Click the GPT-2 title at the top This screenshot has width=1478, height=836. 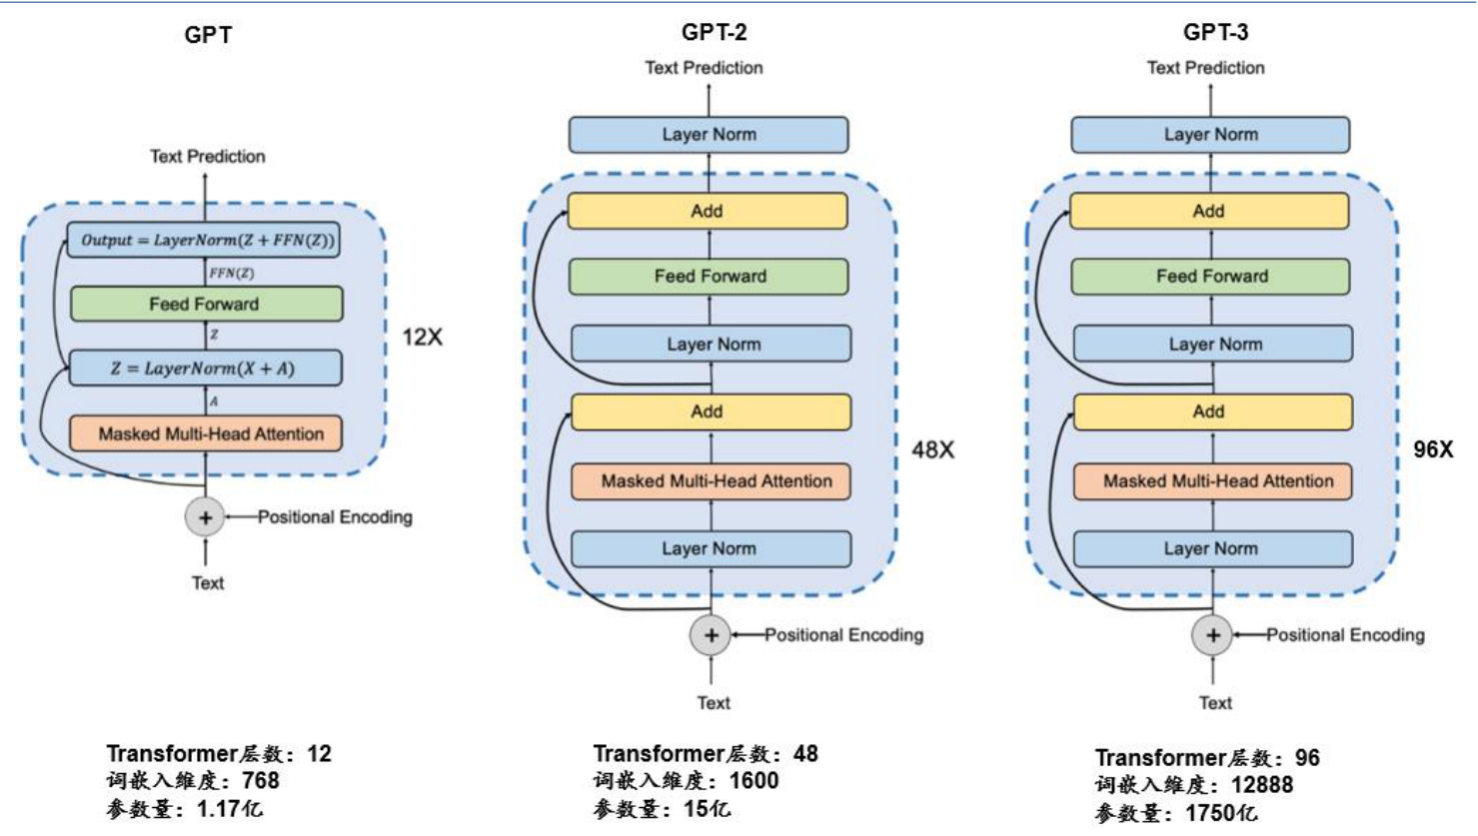pyautogui.click(x=714, y=32)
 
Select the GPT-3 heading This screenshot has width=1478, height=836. pyautogui.click(x=1215, y=32)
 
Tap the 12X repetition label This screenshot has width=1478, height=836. pyautogui.click(x=422, y=338)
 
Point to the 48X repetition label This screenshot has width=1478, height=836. pyautogui.click(x=932, y=450)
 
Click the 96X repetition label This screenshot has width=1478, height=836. pyautogui.click(x=1433, y=449)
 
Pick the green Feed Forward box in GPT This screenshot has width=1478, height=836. pyautogui.click(x=206, y=304)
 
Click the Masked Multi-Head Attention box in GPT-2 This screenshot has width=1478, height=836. pyautogui.click(x=711, y=481)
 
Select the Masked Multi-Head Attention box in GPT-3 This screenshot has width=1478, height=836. pyautogui.click(x=1212, y=481)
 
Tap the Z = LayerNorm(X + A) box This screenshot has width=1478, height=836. pyautogui.click(x=205, y=369)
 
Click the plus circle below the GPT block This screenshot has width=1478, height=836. pyautogui.click(x=205, y=517)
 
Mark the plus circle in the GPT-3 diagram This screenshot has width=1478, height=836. pyautogui.click(x=1212, y=635)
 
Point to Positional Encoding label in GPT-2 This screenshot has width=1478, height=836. pyautogui.click(x=844, y=635)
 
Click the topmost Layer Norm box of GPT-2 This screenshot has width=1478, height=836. pyautogui.click(x=709, y=135)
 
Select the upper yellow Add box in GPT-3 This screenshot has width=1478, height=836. pyautogui.click(x=1209, y=211)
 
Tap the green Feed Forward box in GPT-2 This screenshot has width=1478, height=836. pyautogui.click(x=709, y=277)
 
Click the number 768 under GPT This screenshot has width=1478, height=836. pyautogui.click(x=261, y=781)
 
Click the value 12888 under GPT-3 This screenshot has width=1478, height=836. pyautogui.click(x=1262, y=785)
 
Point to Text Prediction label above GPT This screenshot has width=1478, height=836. pyautogui.click(x=208, y=157)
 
